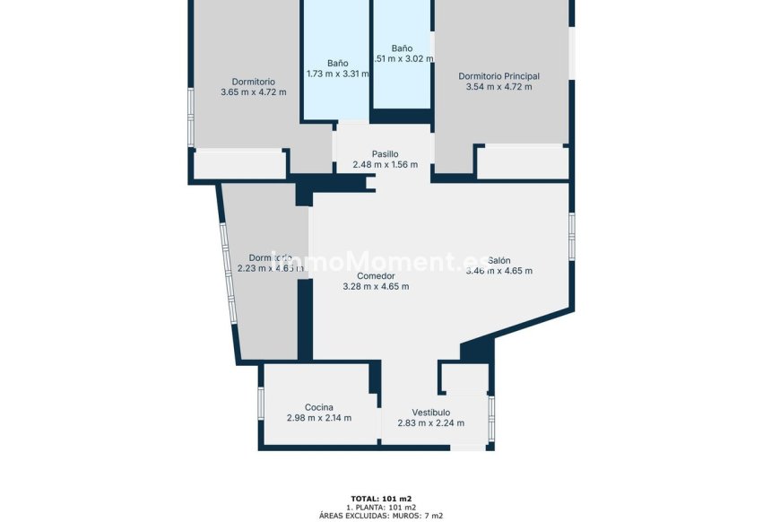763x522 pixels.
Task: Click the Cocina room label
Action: [318, 407]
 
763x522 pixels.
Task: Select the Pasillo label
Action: [385, 154]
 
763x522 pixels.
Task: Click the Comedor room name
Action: [376, 276]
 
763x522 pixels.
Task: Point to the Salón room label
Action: [499, 260]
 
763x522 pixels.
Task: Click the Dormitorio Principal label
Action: [499, 76]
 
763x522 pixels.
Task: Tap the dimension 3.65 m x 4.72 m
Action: [253, 91]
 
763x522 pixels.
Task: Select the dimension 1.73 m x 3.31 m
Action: [337, 74]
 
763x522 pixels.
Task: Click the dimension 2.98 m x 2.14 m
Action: [318, 418]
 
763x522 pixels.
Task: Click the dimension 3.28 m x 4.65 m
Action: [376, 287]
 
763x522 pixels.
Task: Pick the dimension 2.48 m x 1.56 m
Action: [385, 165]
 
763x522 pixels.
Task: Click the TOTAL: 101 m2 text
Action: [381, 498]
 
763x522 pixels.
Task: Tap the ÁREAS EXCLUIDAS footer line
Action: [381, 516]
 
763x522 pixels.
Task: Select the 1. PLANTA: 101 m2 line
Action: [381, 507]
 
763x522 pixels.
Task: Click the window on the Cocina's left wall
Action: [260, 403]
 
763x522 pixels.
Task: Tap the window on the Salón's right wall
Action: [571, 237]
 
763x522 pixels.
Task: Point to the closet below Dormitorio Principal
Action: [522, 162]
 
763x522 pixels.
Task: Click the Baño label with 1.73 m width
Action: [337, 64]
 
